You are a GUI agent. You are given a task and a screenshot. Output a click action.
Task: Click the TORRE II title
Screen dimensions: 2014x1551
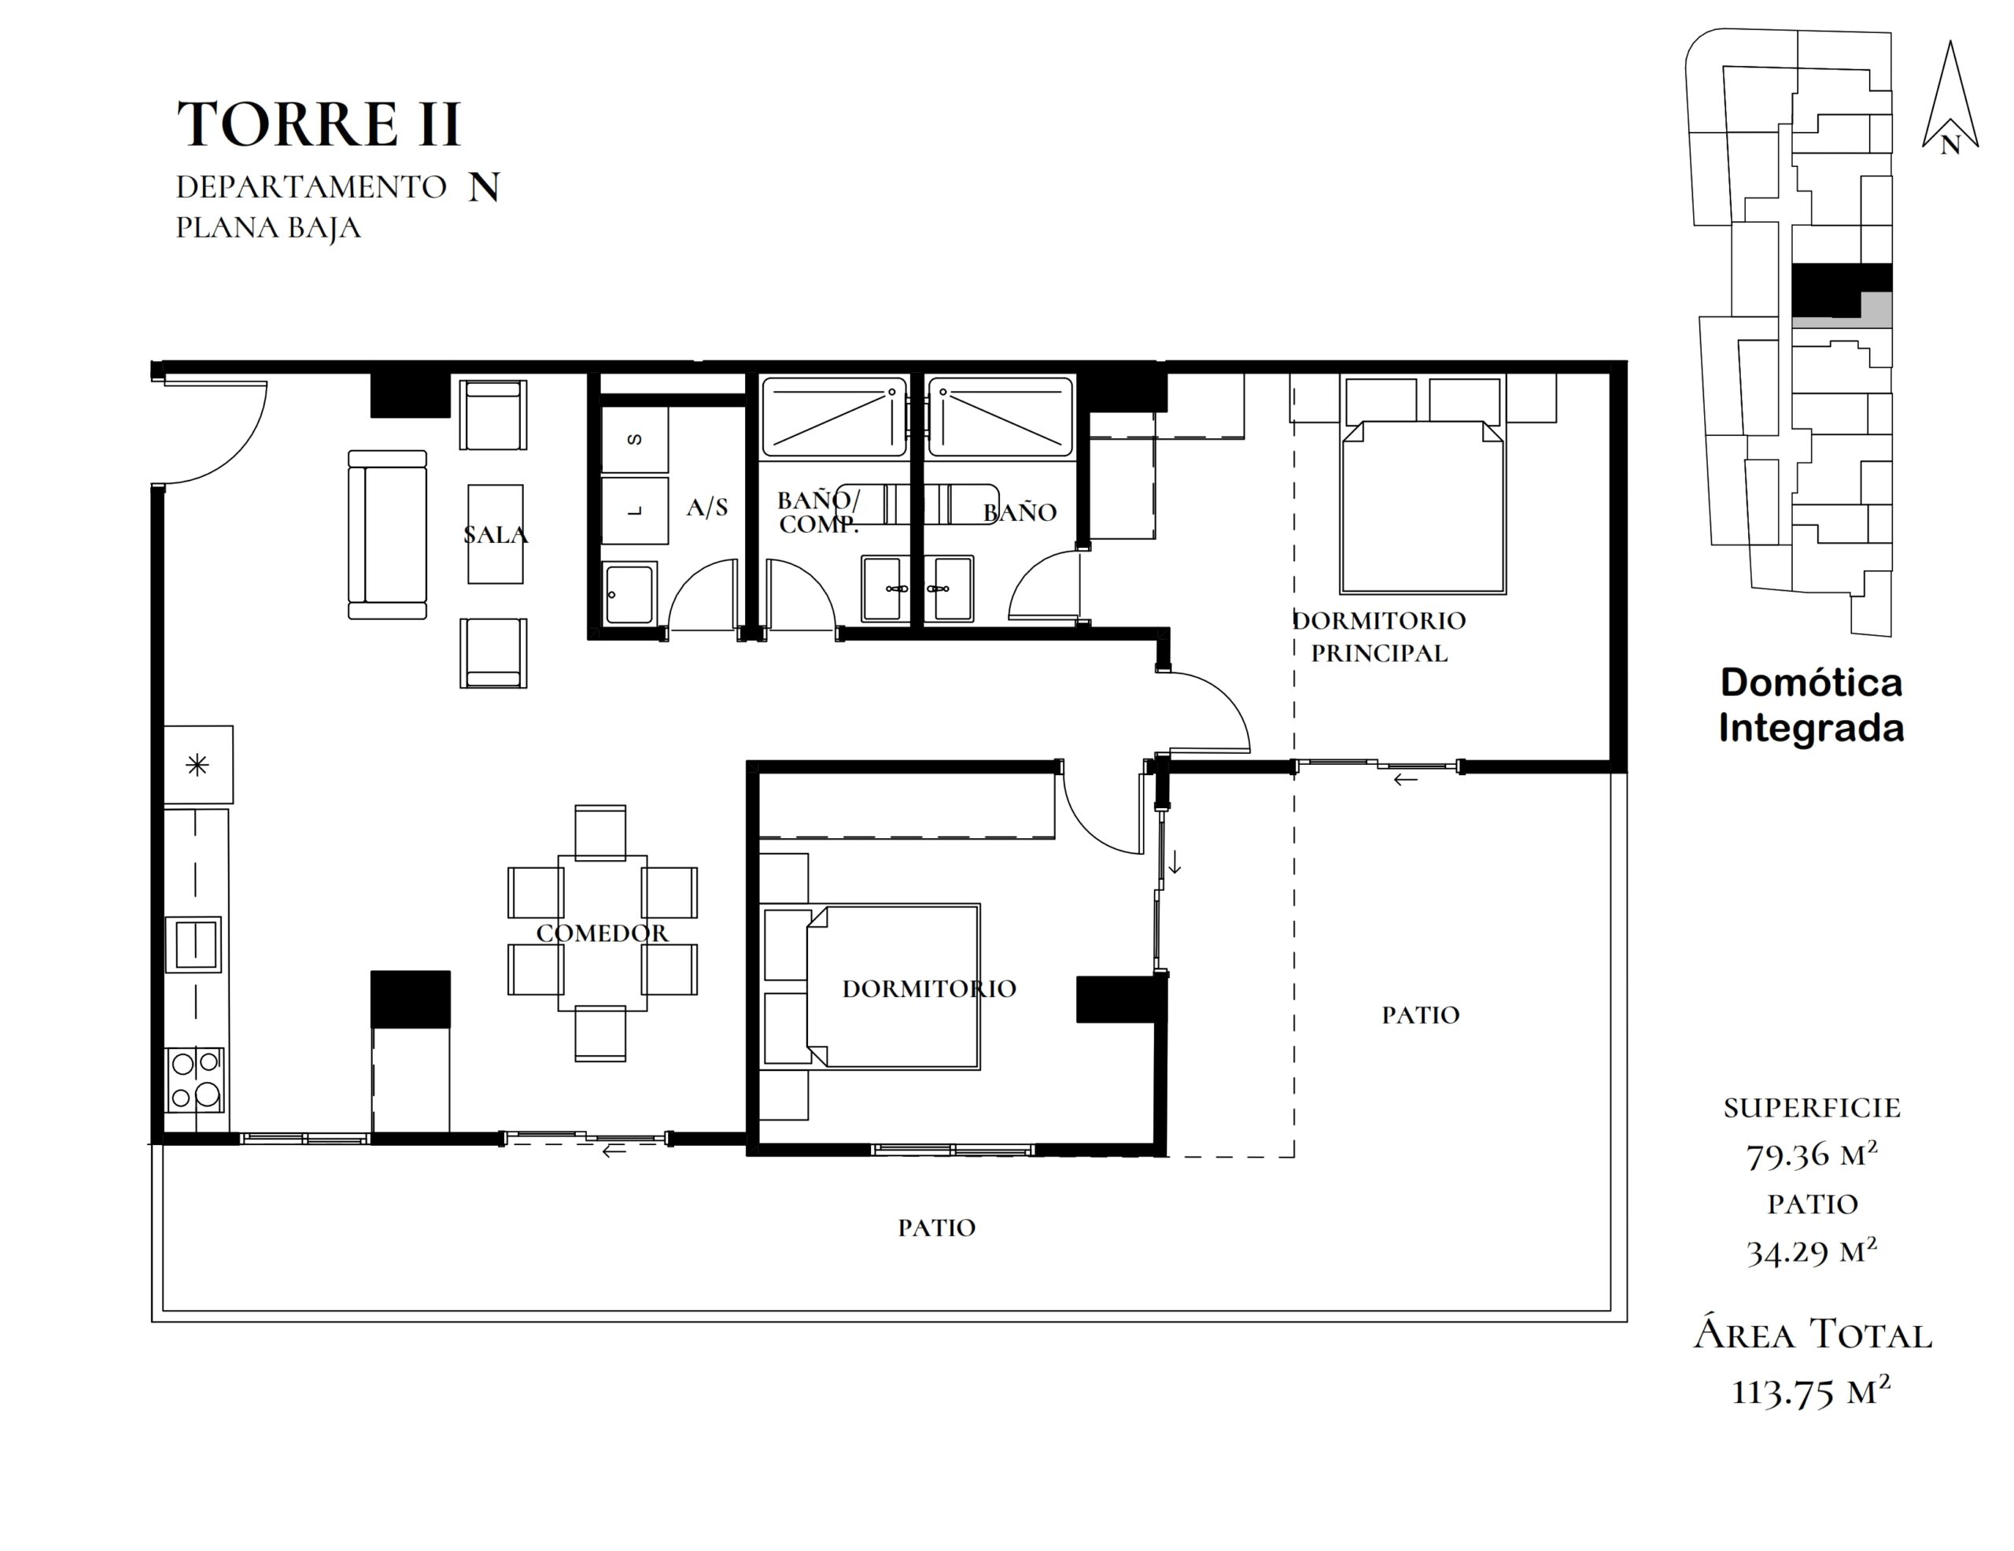click(318, 124)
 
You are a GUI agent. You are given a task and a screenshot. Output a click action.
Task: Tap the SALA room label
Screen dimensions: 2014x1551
click(495, 535)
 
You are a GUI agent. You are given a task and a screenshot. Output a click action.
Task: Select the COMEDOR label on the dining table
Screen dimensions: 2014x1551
click(602, 933)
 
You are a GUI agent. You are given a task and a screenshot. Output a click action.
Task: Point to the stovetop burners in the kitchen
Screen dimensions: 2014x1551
click(195, 1079)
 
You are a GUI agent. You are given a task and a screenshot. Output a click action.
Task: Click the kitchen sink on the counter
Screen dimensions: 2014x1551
click(194, 944)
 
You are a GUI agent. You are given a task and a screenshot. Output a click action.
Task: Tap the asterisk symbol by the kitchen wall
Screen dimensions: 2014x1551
click(197, 764)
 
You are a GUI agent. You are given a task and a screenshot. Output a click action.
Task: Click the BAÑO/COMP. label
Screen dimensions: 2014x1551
click(819, 513)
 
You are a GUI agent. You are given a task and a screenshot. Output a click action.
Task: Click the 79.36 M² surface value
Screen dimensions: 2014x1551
click(1812, 1154)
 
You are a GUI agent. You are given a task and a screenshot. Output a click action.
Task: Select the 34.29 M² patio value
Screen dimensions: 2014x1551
click(1812, 1250)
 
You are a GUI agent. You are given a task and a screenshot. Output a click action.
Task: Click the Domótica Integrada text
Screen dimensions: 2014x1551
click(1811, 705)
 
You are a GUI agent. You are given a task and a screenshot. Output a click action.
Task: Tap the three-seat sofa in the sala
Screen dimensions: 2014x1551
click(387, 535)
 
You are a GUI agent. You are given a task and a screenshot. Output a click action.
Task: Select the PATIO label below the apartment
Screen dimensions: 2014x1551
click(937, 1228)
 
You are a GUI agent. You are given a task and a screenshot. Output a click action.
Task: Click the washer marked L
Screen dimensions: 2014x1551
click(634, 510)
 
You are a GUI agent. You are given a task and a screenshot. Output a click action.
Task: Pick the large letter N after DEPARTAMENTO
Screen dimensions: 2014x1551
click(484, 187)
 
